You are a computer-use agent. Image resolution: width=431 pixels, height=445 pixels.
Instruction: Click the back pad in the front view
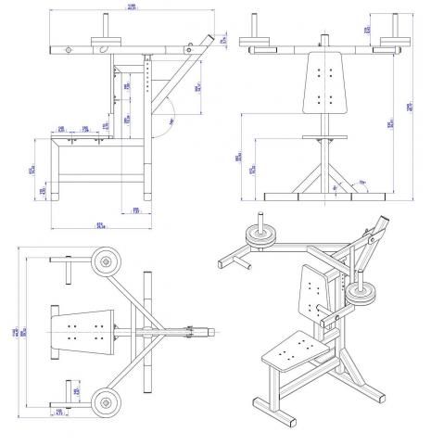[323, 85]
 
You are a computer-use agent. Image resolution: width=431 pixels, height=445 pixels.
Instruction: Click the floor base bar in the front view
[323, 197]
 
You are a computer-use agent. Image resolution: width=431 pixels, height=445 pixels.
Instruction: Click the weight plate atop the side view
[108, 39]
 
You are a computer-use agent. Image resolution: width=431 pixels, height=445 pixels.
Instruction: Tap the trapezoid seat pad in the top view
[82, 331]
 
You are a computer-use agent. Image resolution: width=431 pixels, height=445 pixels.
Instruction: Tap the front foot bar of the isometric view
[267, 407]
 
